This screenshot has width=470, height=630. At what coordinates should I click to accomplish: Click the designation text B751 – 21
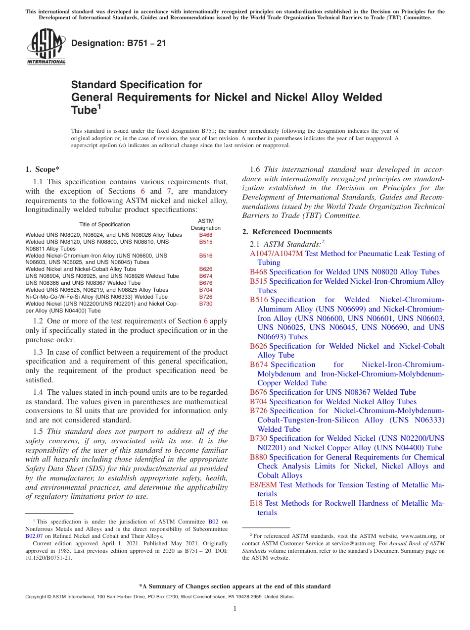click(x=118, y=44)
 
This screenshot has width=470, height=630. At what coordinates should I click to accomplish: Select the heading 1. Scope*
click(x=43, y=169)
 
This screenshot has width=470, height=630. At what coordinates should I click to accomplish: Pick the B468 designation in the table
click(x=205, y=235)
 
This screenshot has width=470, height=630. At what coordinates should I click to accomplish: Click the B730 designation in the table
click(x=205, y=304)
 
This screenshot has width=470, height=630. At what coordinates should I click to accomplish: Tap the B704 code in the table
click(x=205, y=290)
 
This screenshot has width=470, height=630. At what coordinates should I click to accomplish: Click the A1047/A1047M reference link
click(x=276, y=254)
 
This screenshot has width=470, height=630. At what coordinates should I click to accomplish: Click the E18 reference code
click(x=256, y=503)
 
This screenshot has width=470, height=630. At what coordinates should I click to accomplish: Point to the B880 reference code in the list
click(x=258, y=457)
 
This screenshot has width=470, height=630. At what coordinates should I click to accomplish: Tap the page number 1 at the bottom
click(x=235, y=609)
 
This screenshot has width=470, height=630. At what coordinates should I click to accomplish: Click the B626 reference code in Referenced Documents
click(x=258, y=346)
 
